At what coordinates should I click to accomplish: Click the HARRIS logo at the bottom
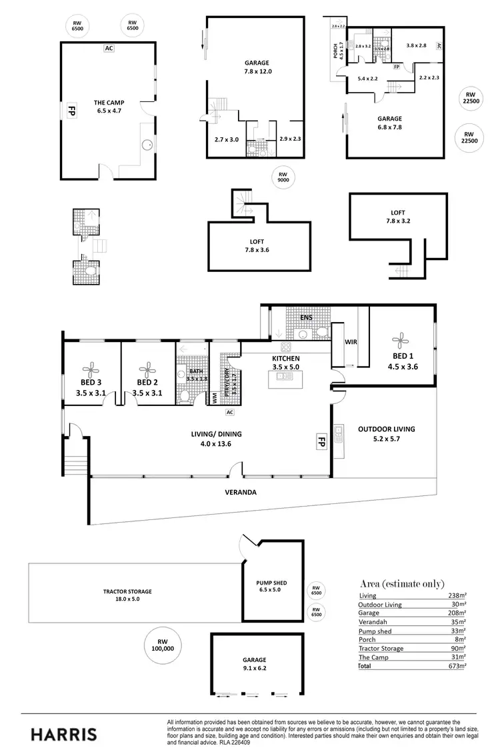64,734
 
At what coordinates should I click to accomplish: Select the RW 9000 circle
283,177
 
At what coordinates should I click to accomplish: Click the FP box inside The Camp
69,111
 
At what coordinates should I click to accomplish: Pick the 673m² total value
456,665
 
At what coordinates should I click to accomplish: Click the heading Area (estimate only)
402,583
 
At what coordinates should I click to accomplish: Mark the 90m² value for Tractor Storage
458,648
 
